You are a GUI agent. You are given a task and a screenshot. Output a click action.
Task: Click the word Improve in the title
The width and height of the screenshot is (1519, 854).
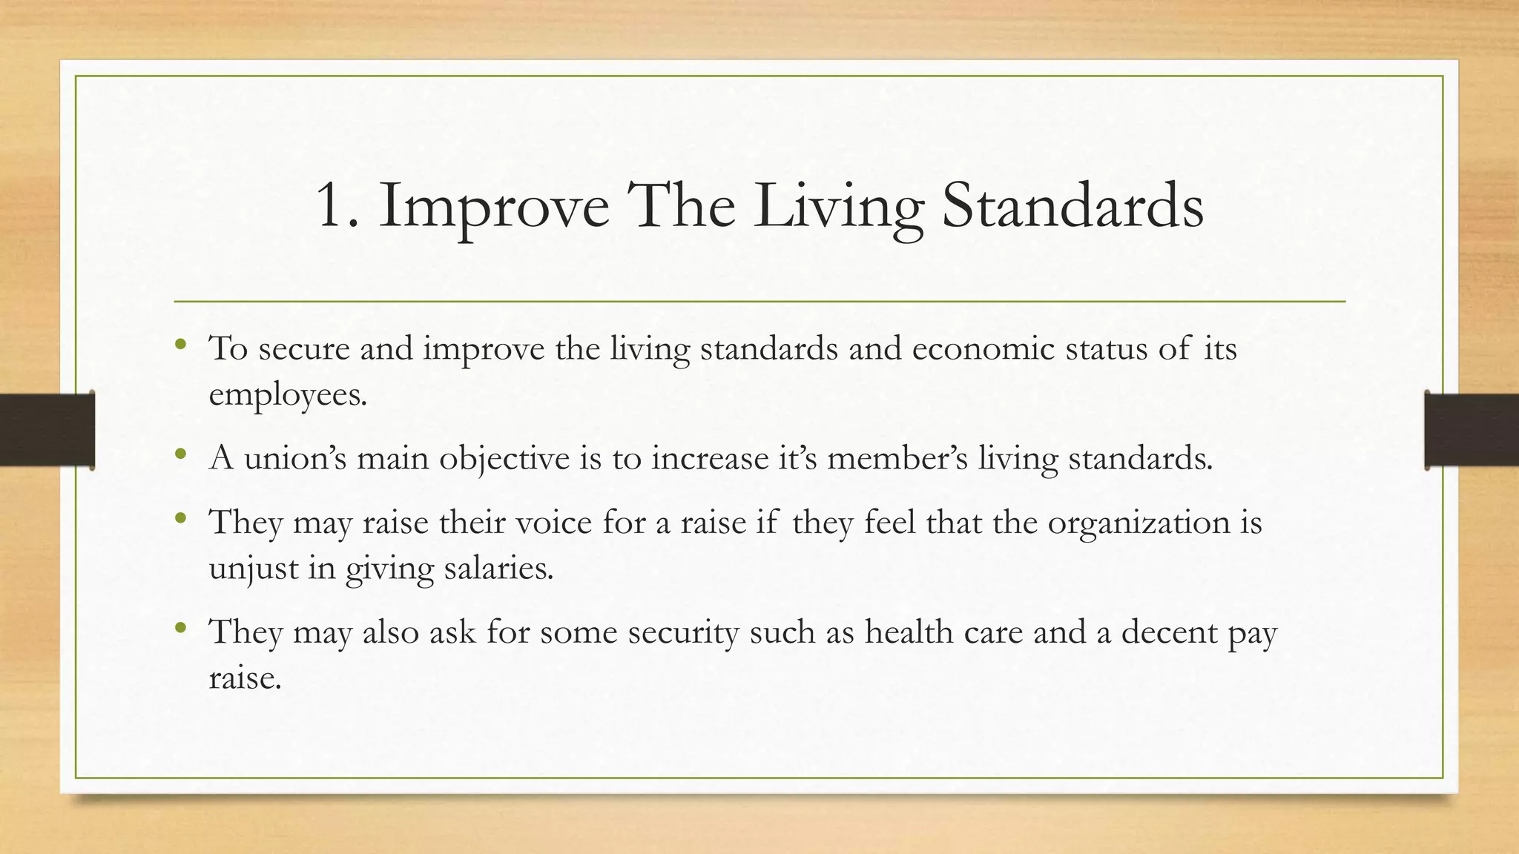pyautogui.click(x=493, y=208)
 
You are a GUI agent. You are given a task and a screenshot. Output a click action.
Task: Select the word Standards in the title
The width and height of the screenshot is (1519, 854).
pyautogui.click(x=1072, y=206)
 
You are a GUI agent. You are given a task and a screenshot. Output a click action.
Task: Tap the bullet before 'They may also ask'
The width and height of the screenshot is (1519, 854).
pyautogui.click(x=180, y=628)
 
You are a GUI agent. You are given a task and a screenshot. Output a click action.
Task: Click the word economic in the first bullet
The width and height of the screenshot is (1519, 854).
pyautogui.click(x=983, y=348)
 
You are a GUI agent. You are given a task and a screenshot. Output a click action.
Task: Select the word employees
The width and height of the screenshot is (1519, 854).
pyautogui.click(x=288, y=394)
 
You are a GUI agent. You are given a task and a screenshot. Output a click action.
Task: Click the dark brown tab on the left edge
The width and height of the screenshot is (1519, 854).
pyautogui.click(x=47, y=430)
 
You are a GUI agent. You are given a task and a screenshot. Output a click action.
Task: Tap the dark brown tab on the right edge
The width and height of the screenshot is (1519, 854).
pyautogui.click(x=1472, y=430)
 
